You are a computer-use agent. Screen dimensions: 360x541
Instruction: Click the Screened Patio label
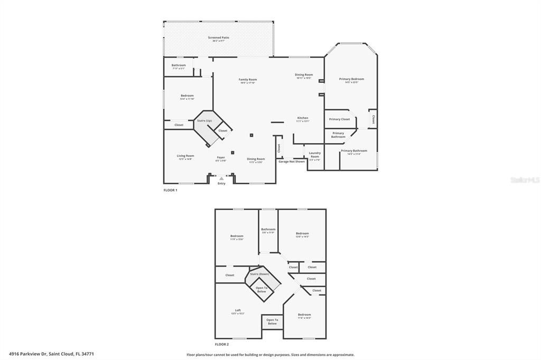[x=218, y=37]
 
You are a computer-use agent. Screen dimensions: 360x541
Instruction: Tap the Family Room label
[x=247, y=80]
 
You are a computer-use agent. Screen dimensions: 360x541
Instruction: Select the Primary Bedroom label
[x=351, y=79]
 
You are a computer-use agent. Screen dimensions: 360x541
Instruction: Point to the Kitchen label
[x=303, y=118]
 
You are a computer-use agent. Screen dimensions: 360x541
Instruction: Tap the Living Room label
[x=185, y=156]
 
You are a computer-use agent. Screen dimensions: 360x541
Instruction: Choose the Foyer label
[x=221, y=157]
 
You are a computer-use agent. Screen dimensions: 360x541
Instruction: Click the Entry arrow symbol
[x=221, y=179]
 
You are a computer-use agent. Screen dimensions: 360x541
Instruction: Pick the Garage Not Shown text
[x=292, y=162]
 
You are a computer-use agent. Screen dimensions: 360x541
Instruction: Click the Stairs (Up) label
[x=204, y=121]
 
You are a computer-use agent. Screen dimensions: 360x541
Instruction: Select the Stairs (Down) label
[x=259, y=274]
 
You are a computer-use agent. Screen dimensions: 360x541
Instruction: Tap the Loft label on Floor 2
[x=238, y=310]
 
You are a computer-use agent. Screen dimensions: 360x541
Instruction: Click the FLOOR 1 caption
[x=170, y=190]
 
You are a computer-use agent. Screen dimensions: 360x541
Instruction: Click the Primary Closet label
[x=340, y=119]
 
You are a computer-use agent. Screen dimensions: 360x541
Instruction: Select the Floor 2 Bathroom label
[x=268, y=229]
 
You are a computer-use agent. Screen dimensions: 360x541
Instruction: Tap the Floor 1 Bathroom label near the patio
[x=179, y=65]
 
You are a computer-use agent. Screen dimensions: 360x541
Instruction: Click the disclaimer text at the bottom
[x=270, y=355]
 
